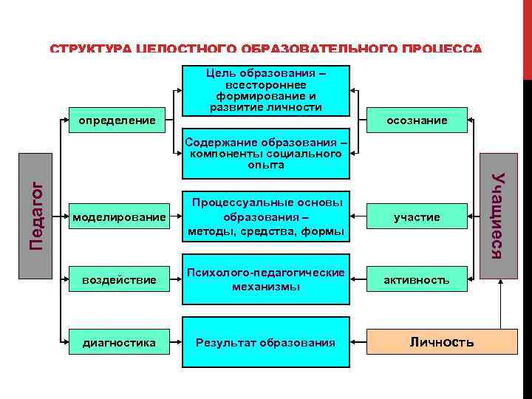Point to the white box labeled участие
pos(417,216)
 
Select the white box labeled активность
pos(417,280)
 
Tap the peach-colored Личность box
pos(441,342)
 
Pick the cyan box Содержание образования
pos(265,154)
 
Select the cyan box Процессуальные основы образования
pos(265,217)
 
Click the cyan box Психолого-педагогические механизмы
pos(265,280)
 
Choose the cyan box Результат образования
pos(265,342)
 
